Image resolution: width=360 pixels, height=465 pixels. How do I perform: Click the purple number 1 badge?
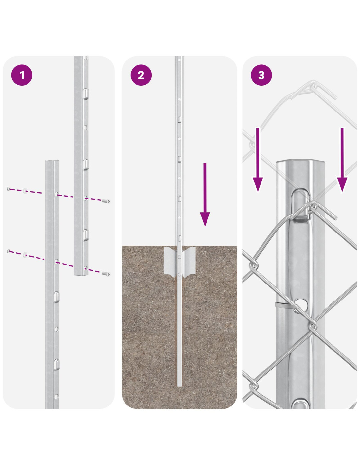22,75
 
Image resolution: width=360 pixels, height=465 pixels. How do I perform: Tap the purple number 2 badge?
141,75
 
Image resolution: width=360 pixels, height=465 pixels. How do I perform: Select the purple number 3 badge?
261,75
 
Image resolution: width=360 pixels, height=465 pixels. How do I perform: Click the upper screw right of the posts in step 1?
107,201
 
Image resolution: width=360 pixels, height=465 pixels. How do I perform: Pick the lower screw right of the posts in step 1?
107,274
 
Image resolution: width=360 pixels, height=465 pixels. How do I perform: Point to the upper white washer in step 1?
25,190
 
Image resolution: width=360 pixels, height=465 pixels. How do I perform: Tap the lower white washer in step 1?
25,254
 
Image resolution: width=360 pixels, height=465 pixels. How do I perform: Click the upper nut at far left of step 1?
9,189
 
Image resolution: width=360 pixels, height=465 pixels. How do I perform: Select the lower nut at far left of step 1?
9,251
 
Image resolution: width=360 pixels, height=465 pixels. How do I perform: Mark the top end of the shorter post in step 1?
52,162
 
